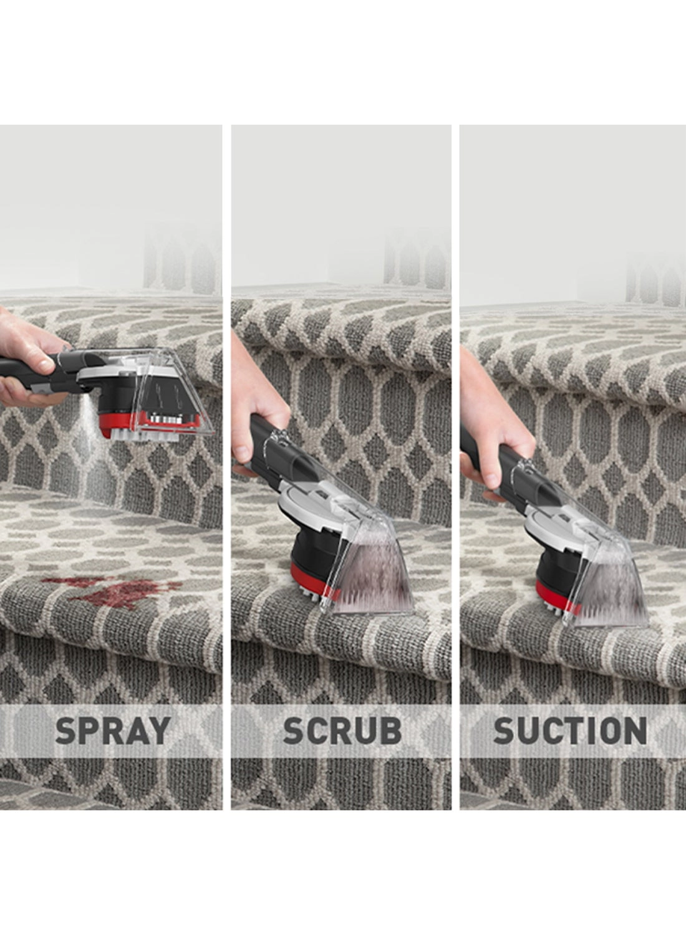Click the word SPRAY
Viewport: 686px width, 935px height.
112,730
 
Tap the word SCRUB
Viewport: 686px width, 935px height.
342,730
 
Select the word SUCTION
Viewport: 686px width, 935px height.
570,730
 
